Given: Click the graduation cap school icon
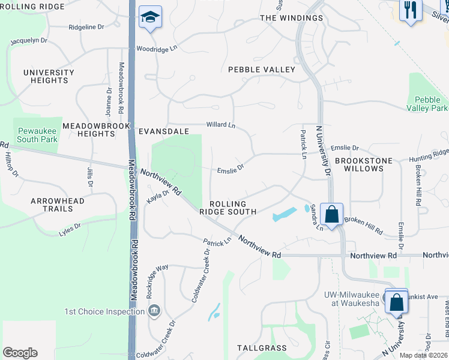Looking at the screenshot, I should coord(150,17).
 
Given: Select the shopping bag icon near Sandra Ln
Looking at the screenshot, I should coord(331,214).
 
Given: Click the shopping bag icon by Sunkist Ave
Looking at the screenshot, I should coord(397,302).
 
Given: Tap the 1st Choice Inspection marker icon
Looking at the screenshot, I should coord(154,311).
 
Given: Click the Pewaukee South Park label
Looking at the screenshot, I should coord(37,135).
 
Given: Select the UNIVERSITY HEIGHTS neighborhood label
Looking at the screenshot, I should coord(49,76).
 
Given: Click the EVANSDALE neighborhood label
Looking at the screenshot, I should coord(164,131).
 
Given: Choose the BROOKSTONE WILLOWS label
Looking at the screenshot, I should coord(360,164).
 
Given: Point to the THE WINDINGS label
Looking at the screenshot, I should coord(291,18).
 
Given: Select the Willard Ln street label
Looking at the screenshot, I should coord(221,125).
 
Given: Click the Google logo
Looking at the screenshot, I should coord(20,353).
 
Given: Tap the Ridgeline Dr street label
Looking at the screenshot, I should coord(86,28).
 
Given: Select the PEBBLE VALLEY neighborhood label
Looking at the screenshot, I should coord(262,70).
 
